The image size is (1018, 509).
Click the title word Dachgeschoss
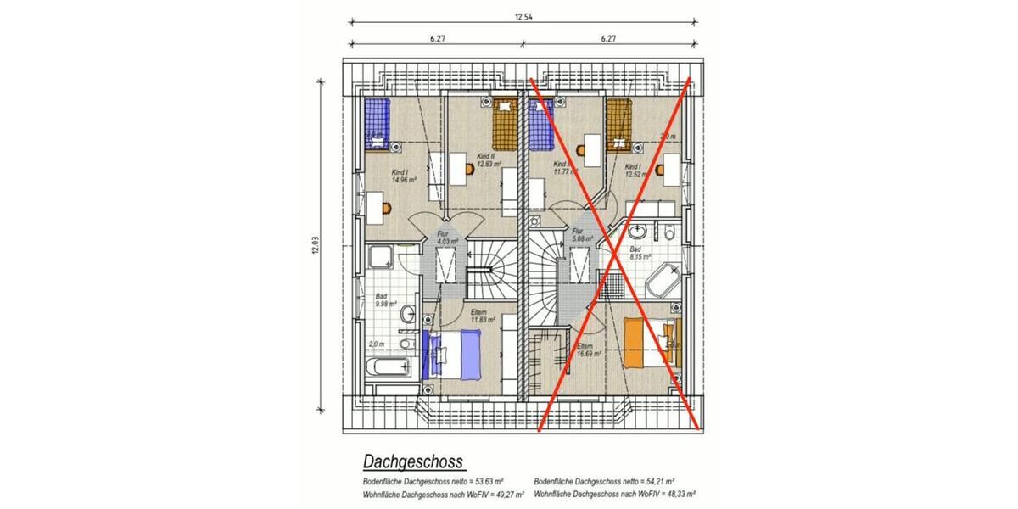tap(412, 461)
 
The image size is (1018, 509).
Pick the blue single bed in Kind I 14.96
tap(377, 122)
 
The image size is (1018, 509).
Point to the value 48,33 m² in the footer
tap(679, 492)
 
